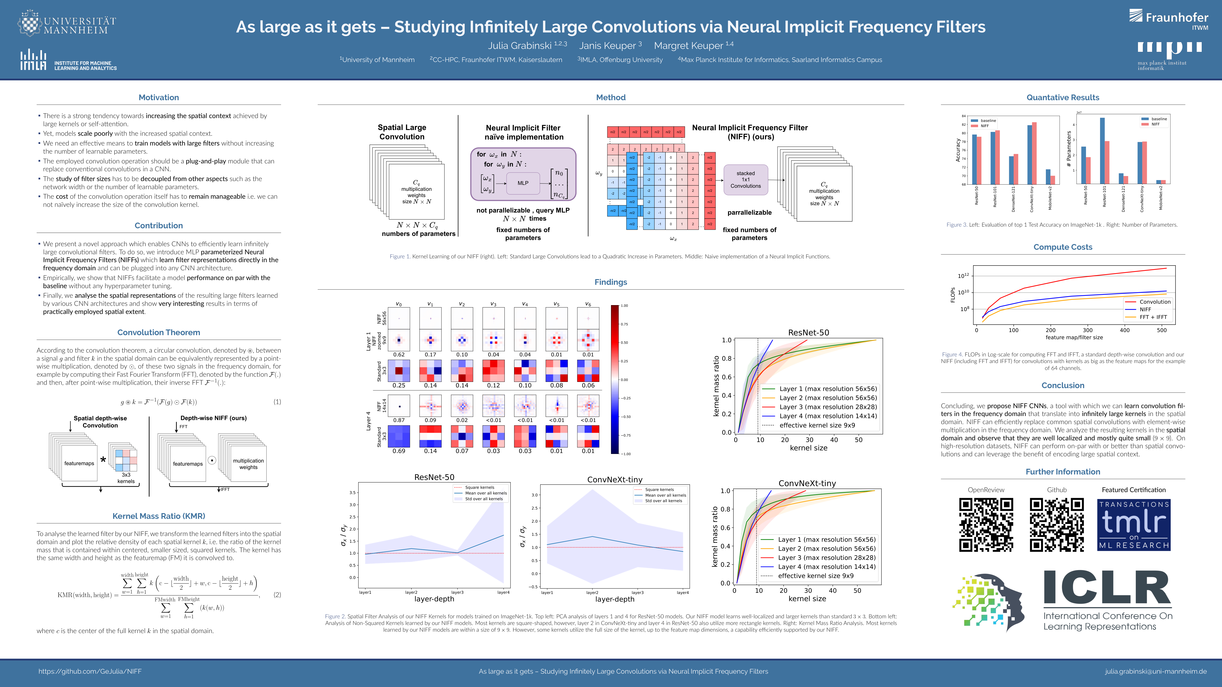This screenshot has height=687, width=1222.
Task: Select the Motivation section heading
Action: [x=158, y=97]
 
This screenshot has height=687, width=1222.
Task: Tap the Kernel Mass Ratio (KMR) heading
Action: [x=158, y=516]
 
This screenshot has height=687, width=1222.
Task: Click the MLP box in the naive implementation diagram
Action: [x=523, y=183]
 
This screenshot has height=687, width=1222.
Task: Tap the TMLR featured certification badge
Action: [x=1134, y=524]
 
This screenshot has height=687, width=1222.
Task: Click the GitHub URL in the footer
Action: [x=90, y=671]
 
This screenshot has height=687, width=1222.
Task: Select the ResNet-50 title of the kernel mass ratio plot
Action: [x=808, y=332]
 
